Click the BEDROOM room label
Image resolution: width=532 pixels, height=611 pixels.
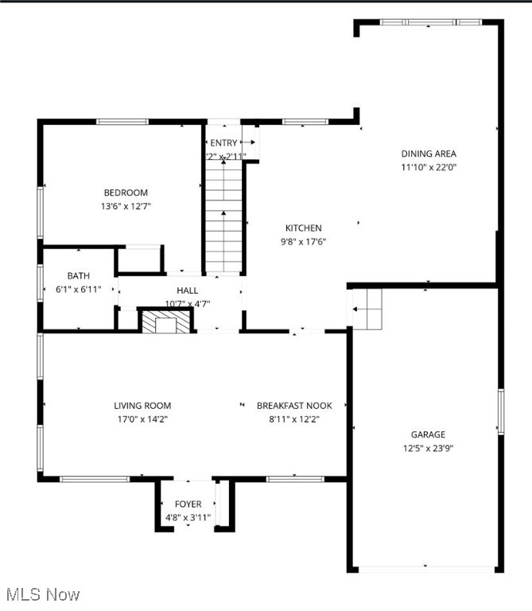point(126,193)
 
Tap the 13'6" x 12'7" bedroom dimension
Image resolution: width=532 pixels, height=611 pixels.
point(126,206)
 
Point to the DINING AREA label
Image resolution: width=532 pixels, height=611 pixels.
point(429,154)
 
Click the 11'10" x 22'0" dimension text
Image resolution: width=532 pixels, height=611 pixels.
point(429,167)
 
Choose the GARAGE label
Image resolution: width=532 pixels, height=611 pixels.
point(428,434)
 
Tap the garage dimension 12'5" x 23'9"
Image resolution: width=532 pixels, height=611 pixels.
point(428,448)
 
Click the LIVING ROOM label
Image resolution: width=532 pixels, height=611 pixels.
point(142,405)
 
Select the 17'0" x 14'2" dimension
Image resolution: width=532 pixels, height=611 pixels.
point(142,418)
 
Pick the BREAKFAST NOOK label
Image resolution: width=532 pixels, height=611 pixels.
point(294,405)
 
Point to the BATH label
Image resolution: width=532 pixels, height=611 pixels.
point(79,276)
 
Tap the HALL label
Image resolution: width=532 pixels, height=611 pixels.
point(188,290)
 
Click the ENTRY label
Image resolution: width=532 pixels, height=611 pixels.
point(224,142)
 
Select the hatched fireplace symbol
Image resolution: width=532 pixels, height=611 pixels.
point(166,321)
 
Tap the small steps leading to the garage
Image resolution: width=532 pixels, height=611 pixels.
point(367,309)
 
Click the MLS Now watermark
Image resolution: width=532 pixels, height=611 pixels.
point(42,594)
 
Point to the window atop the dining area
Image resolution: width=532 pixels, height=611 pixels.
point(430,22)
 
